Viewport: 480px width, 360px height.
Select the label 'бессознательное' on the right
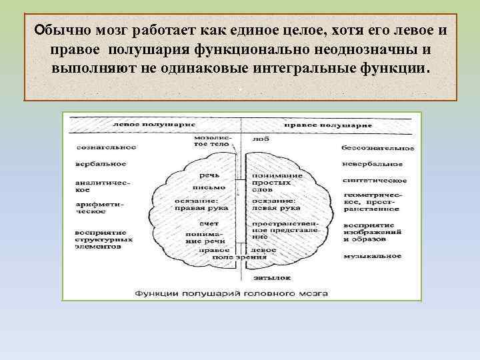click(377, 147)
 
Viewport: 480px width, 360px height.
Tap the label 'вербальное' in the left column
click(101, 163)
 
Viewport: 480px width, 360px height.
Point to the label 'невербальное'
click(372, 163)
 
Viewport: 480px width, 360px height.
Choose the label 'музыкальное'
click(372, 255)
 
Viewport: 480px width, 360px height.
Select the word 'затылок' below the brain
click(268, 277)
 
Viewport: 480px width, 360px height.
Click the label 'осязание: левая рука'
click(273, 204)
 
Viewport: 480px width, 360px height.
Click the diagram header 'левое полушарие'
click(145, 125)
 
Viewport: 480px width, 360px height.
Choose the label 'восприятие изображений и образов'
click(371, 231)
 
